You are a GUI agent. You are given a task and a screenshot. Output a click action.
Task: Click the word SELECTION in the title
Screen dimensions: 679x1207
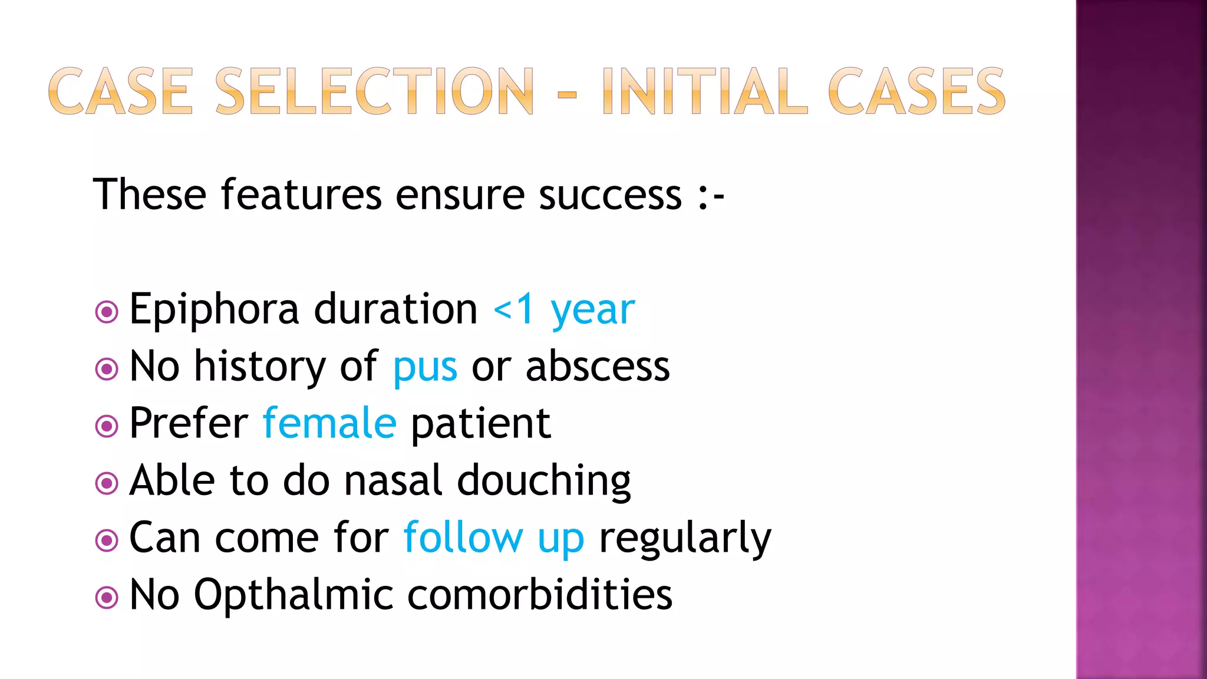375,91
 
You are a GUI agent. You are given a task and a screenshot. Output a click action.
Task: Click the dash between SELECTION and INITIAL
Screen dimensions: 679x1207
567,93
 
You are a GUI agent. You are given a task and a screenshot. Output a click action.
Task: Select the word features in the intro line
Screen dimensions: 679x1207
301,195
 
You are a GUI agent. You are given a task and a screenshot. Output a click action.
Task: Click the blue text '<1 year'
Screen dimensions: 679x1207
564,309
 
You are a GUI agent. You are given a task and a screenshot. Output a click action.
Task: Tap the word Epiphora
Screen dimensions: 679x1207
214,309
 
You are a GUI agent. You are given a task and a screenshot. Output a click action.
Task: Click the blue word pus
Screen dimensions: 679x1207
425,367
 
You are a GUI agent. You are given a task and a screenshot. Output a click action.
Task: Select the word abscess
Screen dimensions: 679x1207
597,367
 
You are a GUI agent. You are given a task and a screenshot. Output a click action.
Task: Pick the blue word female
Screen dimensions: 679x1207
329,423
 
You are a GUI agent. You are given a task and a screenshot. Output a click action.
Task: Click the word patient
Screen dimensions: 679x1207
480,424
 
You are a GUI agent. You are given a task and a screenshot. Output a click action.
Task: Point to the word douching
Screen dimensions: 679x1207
543,481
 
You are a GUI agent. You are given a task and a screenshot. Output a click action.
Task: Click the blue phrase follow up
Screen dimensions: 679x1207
493,538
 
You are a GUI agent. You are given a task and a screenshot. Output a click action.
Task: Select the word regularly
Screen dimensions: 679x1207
685,538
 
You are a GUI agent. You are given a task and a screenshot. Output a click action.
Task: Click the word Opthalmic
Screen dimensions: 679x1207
293,595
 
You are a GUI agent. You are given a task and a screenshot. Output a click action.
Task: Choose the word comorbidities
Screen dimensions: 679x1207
539,595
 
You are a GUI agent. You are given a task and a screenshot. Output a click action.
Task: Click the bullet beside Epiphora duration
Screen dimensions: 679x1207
107,312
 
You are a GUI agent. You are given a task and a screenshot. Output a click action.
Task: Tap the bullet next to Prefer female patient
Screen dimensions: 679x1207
107,426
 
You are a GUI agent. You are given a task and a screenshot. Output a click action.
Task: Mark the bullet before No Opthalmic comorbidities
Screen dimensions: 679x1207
107,598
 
